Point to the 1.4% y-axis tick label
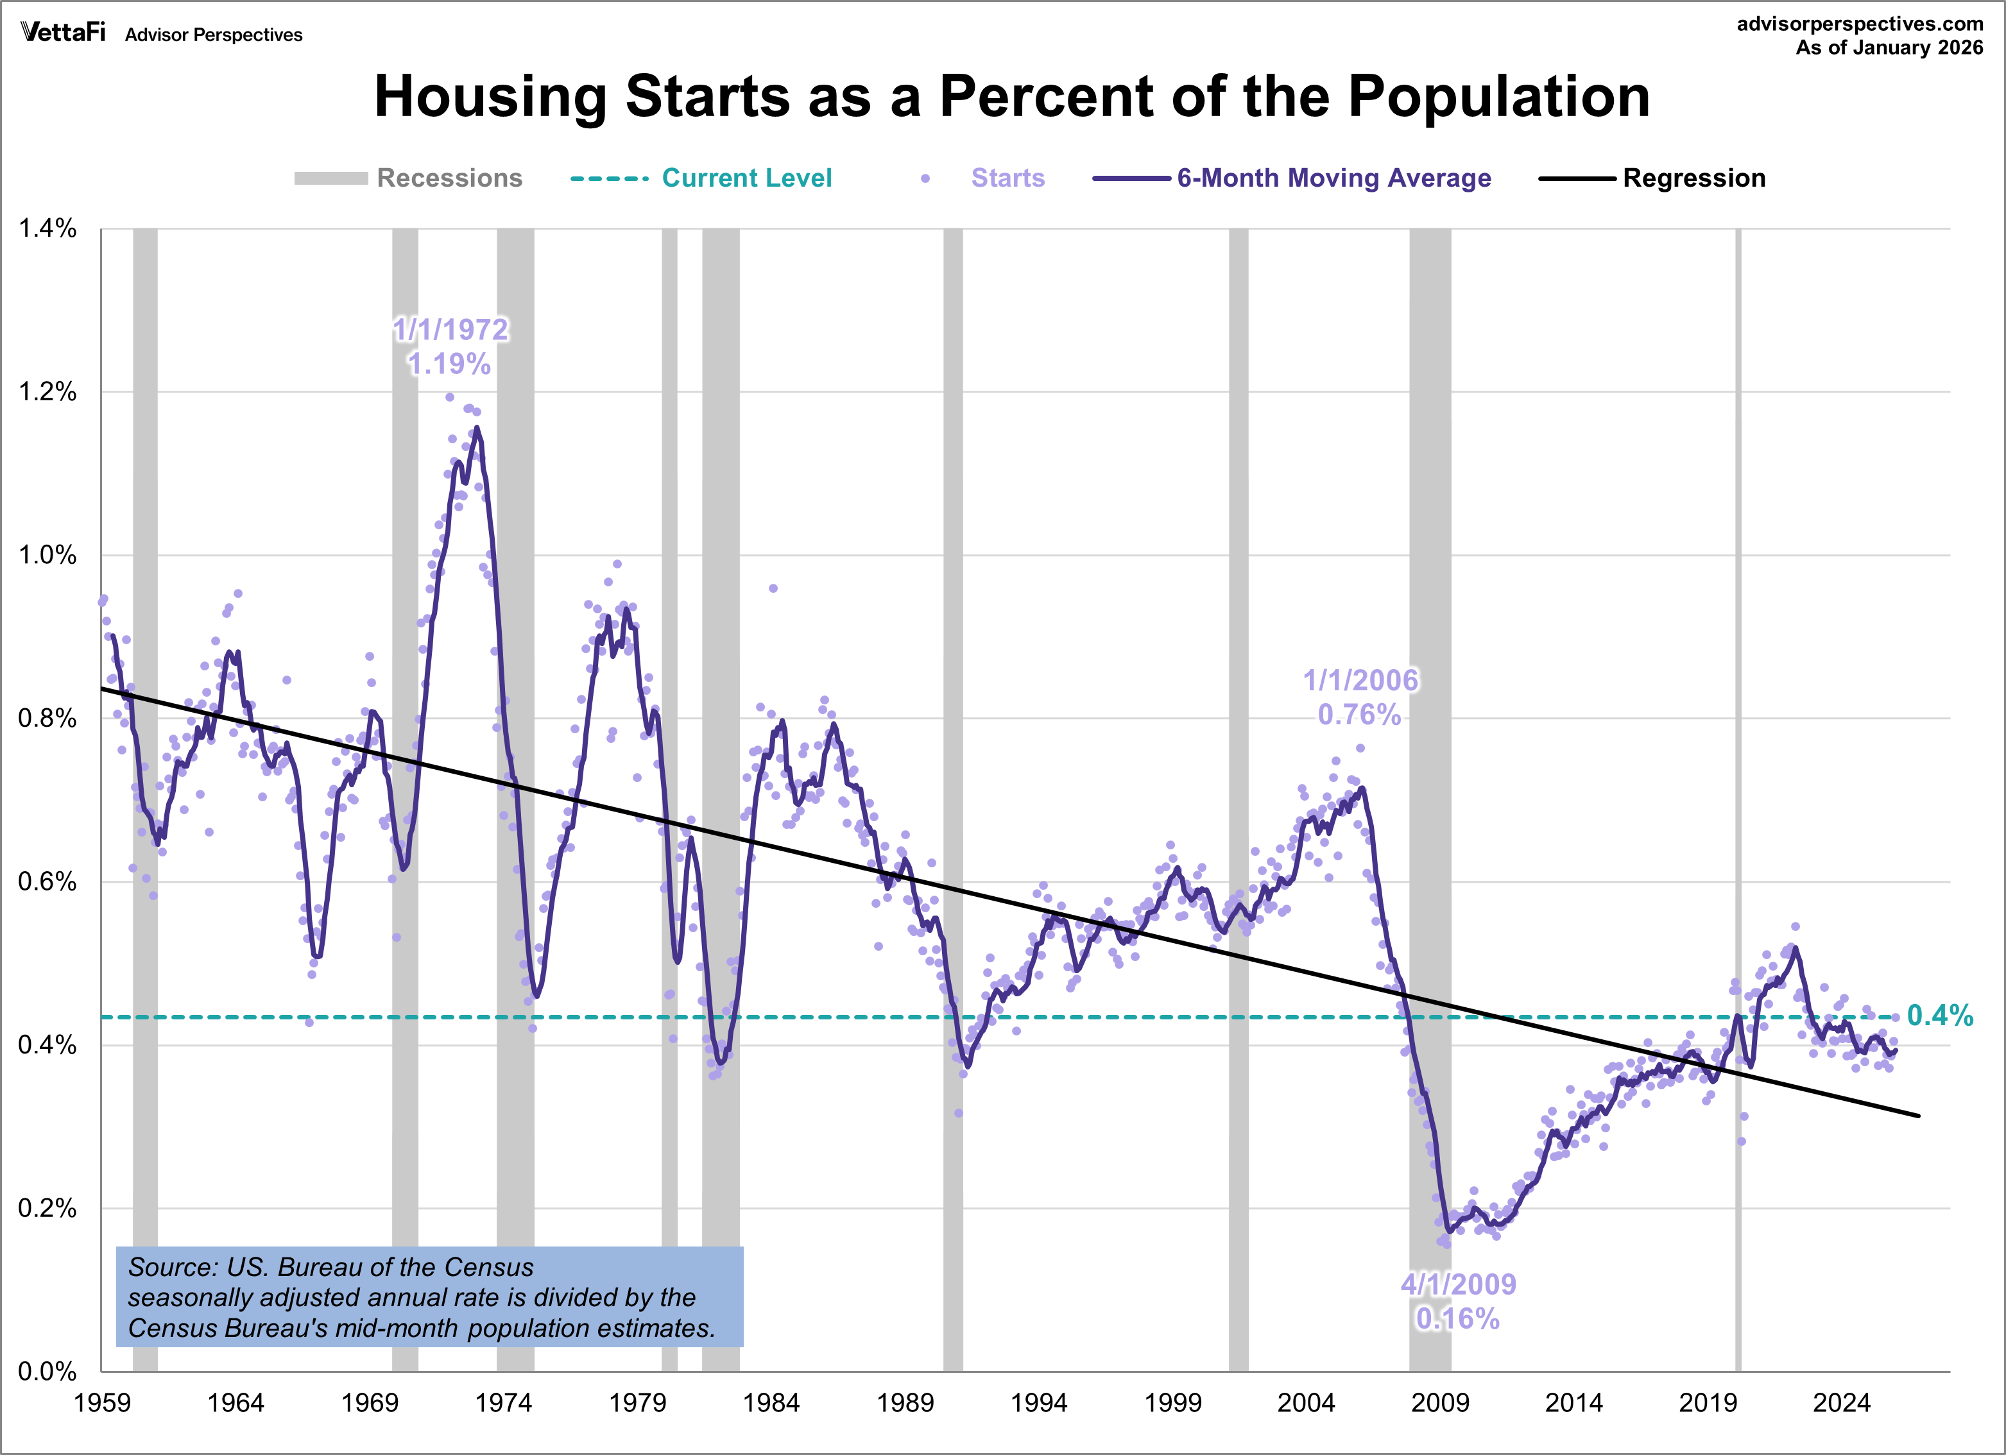click(x=47, y=228)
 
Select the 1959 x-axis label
click(x=102, y=1403)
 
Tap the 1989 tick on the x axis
click(x=905, y=1403)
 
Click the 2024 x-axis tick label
click(x=1842, y=1403)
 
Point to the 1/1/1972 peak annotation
click(x=450, y=330)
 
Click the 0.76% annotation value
click(x=1359, y=715)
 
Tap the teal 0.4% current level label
click(x=1940, y=1016)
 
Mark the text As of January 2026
click(x=1889, y=47)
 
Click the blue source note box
click(x=429, y=1297)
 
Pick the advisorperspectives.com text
click(x=1860, y=24)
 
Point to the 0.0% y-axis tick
click(x=47, y=1371)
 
